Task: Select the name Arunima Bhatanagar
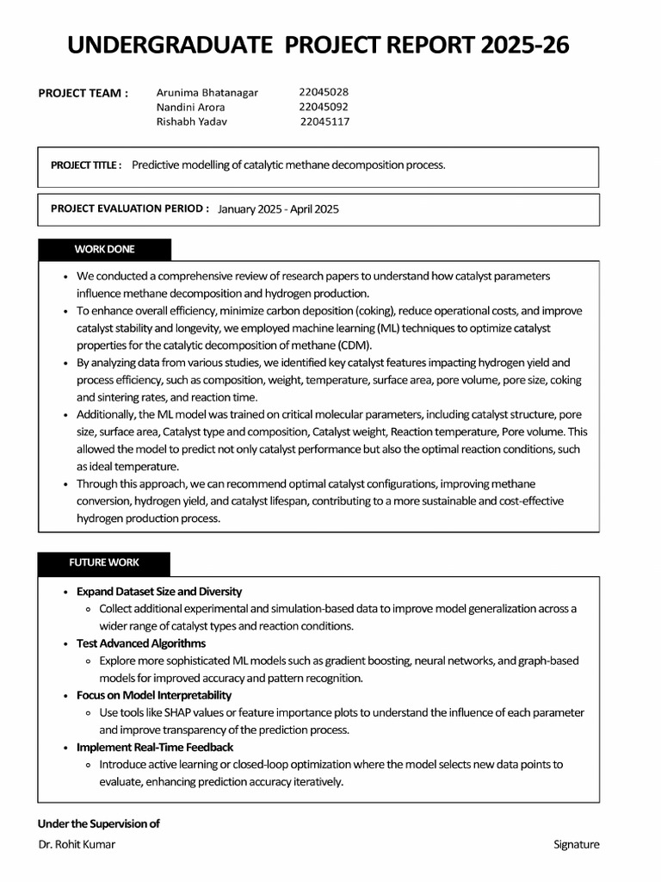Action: (x=207, y=92)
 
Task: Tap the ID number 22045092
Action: (x=324, y=107)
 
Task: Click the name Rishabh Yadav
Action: (x=192, y=121)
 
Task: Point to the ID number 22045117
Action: (x=324, y=121)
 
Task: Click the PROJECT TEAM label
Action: (x=83, y=93)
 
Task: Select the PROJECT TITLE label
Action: (x=86, y=165)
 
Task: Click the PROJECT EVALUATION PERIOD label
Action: (x=130, y=208)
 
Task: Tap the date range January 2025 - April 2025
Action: (x=278, y=209)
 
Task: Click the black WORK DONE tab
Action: (x=104, y=250)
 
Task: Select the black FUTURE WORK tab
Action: (x=104, y=562)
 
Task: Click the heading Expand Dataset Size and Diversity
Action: (x=159, y=592)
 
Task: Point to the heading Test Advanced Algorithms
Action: (x=141, y=643)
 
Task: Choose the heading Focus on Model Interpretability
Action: (x=154, y=695)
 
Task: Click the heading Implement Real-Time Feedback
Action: (x=155, y=747)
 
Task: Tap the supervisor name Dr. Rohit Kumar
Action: (x=77, y=844)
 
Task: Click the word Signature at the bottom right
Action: (x=576, y=844)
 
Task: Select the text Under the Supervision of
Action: (x=99, y=823)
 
